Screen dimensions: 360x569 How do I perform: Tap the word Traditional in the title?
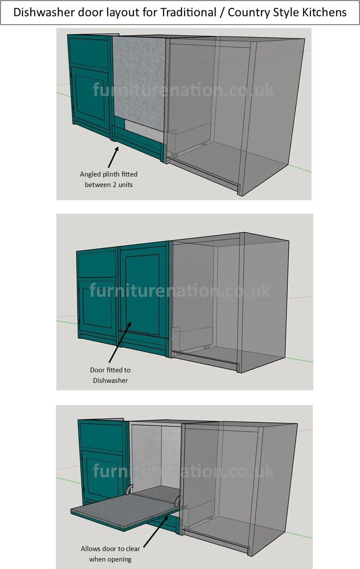tap(188, 12)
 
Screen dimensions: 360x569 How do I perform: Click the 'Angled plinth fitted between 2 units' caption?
tap(109, 179)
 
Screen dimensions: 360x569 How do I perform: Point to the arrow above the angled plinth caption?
tap(113, 157)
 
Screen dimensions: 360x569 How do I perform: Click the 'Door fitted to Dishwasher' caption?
tap(110, 375)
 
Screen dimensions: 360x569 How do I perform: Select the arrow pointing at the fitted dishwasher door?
tap(120, 342)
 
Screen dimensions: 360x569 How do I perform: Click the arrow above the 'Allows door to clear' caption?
tap(156, 531)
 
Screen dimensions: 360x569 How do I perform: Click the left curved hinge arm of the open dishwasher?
tap(129, 489)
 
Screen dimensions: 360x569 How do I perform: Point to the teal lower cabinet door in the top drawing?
tap(90, 95)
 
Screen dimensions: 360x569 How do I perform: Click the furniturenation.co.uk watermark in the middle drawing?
tap(180, 291)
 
